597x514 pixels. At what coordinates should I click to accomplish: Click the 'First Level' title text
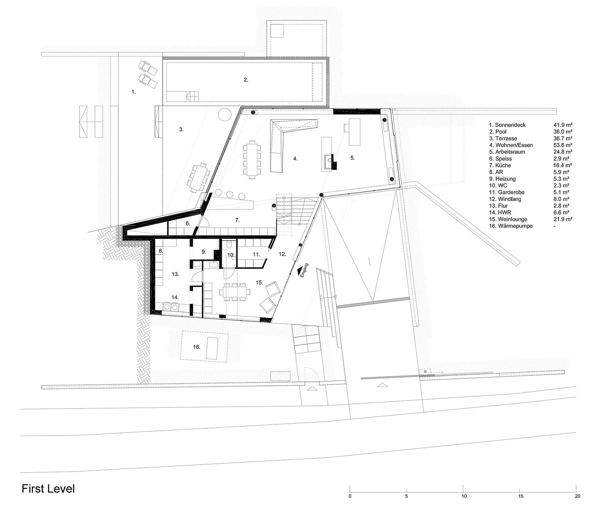(x=48, y=489)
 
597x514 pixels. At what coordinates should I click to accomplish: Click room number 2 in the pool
(x=246, y=80)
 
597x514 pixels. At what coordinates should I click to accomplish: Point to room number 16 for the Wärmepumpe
(x=197, y=347)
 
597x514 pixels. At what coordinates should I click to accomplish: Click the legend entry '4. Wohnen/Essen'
(x=511, y=145)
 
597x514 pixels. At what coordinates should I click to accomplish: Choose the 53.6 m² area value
(x=563, y=145)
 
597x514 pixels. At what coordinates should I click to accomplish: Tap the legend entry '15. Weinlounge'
(x=508, y=219)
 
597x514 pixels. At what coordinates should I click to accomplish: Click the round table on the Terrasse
(x=225, y=115)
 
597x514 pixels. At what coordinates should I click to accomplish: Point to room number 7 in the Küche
(x=237, y=221)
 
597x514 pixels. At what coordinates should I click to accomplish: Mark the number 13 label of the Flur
(x=175, y=274)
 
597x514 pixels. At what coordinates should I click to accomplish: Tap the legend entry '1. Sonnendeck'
(x=507, y=125)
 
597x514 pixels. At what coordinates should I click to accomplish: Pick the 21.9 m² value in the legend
(x=563, y=219)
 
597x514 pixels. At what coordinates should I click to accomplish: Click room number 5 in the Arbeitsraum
(x=352, y=158)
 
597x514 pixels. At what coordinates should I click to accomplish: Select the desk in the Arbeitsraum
(x=354, y=132)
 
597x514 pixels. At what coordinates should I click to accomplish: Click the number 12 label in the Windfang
(x=282, y=254)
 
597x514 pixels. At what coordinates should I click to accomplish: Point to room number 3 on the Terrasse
(x=181, y=129)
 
